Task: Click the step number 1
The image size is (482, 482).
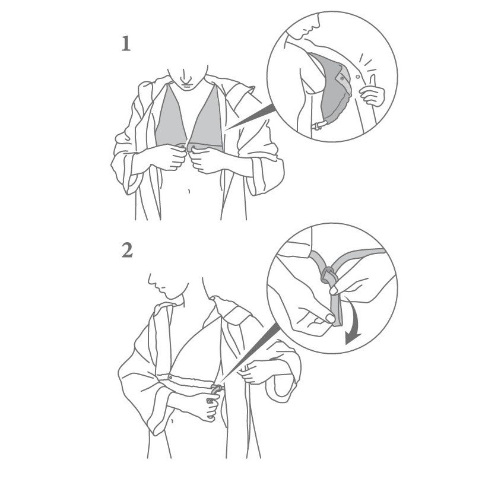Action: tap(126, 44)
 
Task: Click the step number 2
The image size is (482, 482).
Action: tap(127, 250)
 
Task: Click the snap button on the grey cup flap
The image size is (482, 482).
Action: tap(342, 79)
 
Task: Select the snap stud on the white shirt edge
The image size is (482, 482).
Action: tap(357, 76)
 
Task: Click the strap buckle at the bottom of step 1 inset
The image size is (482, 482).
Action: tap(317, 126)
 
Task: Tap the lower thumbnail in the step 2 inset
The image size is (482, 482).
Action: tap(330, 318)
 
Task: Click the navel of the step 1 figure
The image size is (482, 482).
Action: tap(189, 191)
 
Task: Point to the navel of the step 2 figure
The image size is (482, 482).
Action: tap(172, 421)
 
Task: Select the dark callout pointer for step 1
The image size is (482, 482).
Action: tap(249, 117)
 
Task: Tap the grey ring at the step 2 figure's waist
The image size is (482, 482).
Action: tap(216, 390)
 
